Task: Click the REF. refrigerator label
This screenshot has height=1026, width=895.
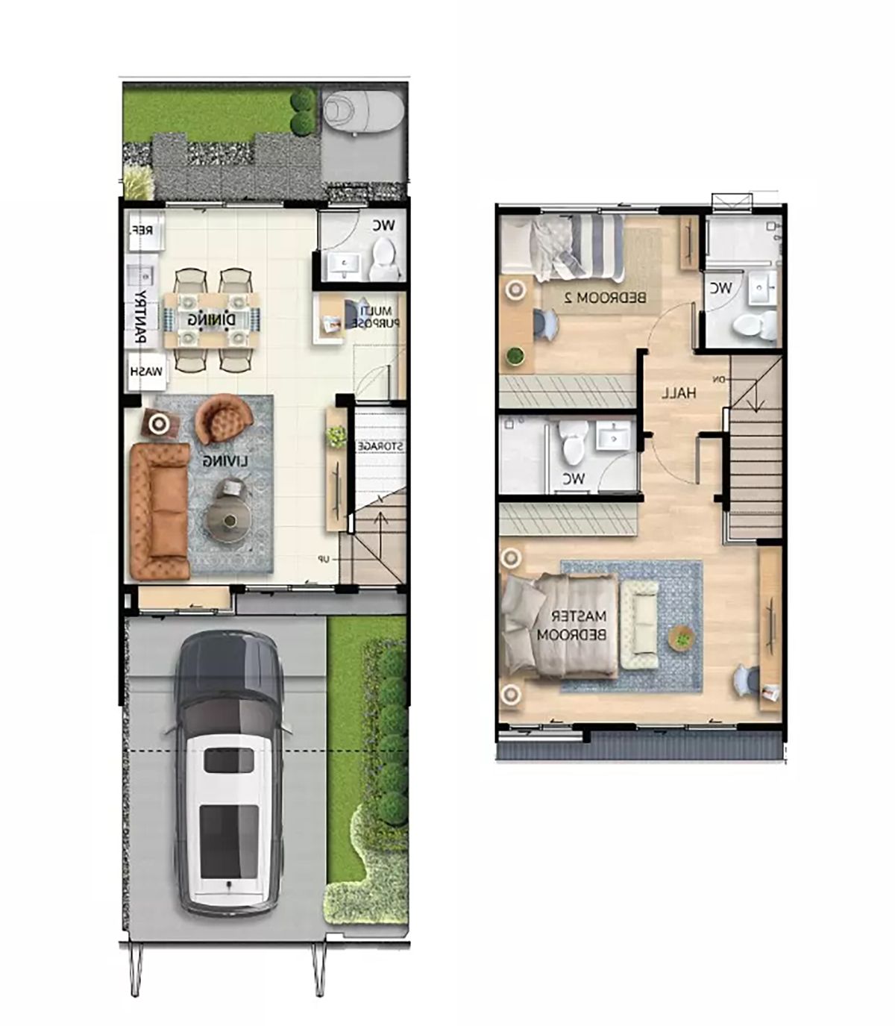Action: (142, 230)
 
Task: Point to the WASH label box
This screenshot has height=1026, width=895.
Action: (146, 372)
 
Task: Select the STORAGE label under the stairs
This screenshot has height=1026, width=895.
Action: (381, 446)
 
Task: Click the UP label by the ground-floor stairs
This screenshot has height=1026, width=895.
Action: (324, 559)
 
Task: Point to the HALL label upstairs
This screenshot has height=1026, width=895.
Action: (679, 394)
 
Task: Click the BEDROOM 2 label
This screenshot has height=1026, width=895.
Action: (605, 297)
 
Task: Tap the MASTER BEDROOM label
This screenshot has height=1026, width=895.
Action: (572, 625)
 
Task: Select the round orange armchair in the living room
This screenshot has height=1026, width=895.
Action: (224, 419)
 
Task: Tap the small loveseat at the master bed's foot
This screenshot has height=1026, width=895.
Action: (639, 625)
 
